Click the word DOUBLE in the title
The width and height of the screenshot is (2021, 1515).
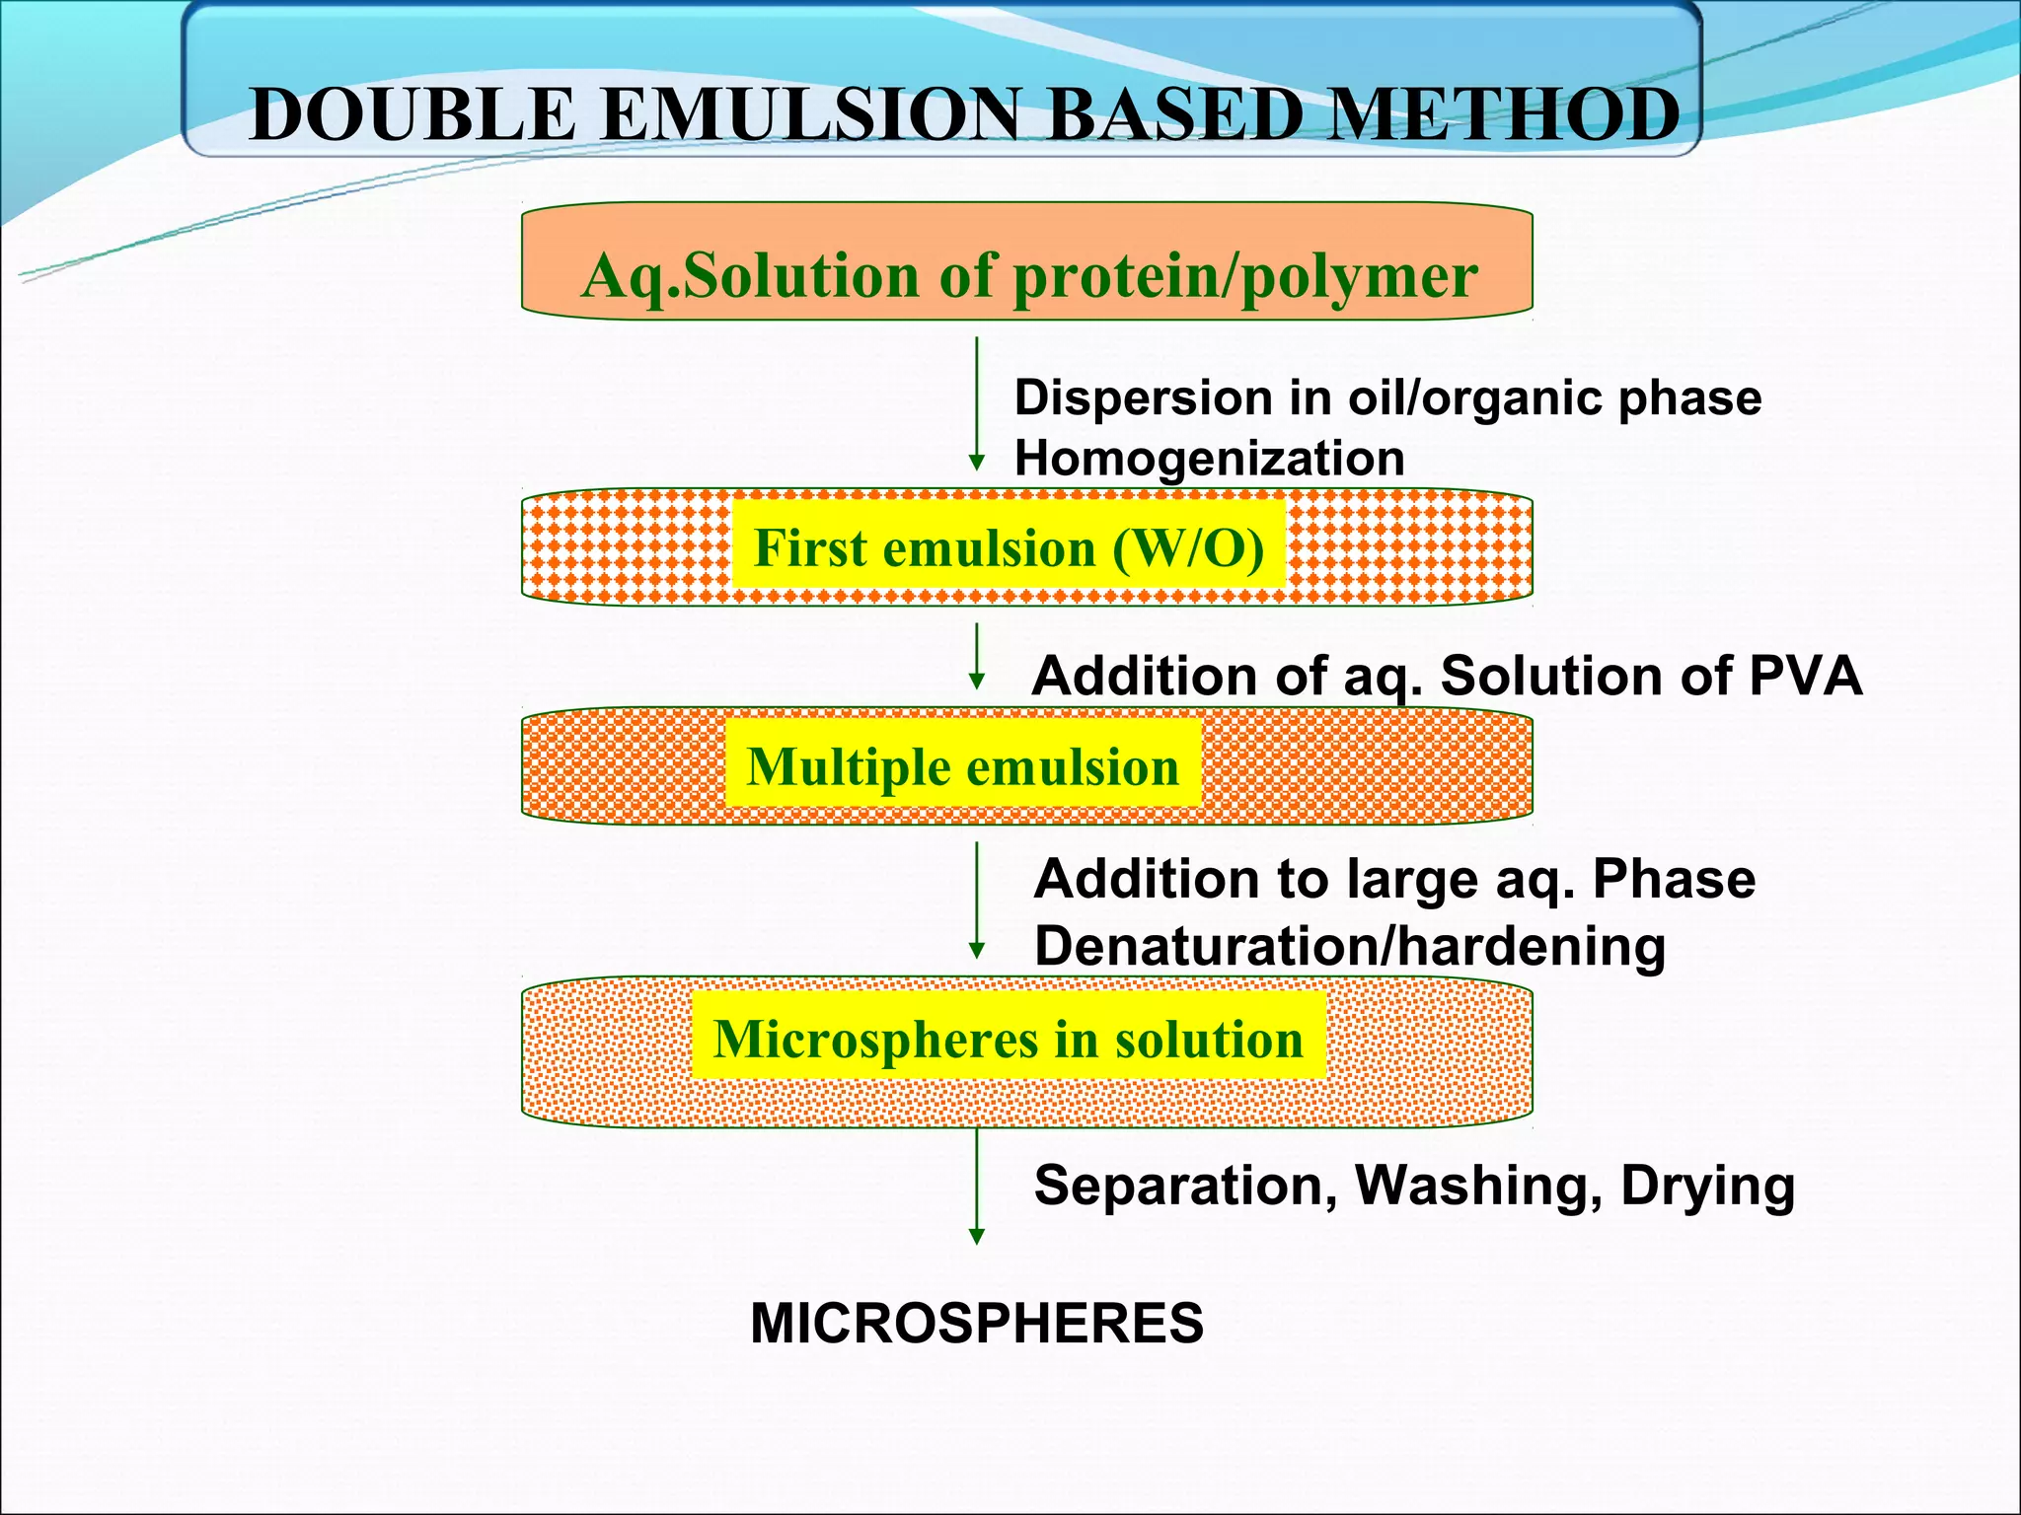coord(412,115)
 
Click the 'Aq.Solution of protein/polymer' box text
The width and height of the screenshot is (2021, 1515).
coord(1028,275)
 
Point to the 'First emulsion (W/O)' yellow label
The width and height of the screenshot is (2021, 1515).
coord(1009,547)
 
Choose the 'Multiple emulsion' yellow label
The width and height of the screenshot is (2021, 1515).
coord(962,766)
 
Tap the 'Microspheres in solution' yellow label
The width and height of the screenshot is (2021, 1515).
coord(1008,1039)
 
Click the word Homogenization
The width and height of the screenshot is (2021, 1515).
coord(1209,459)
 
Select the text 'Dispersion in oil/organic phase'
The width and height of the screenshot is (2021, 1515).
coord(1386,398)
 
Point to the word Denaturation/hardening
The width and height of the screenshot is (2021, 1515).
coord(1349,946)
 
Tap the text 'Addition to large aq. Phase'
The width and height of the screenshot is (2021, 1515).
coord(1393,879)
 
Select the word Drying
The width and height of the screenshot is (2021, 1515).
coord(1707,1186)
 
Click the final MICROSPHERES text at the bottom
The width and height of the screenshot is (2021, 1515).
coord(976,1324)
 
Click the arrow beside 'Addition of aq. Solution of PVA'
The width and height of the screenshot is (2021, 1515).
coord(976,657)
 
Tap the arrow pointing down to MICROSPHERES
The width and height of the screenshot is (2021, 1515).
coord(976,1188)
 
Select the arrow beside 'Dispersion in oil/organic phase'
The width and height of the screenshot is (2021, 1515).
coord(976,404)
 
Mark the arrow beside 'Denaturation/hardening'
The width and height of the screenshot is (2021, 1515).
coord(976,901)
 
